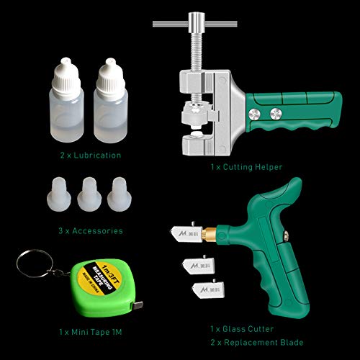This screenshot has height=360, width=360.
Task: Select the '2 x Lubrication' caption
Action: pyautogui.click(x=90, y=154)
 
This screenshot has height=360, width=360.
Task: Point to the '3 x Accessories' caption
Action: pyautogui.click(x=91, y=231)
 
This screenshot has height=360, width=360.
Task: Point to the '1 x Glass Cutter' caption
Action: pyautogui.click(x=233, y=328)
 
